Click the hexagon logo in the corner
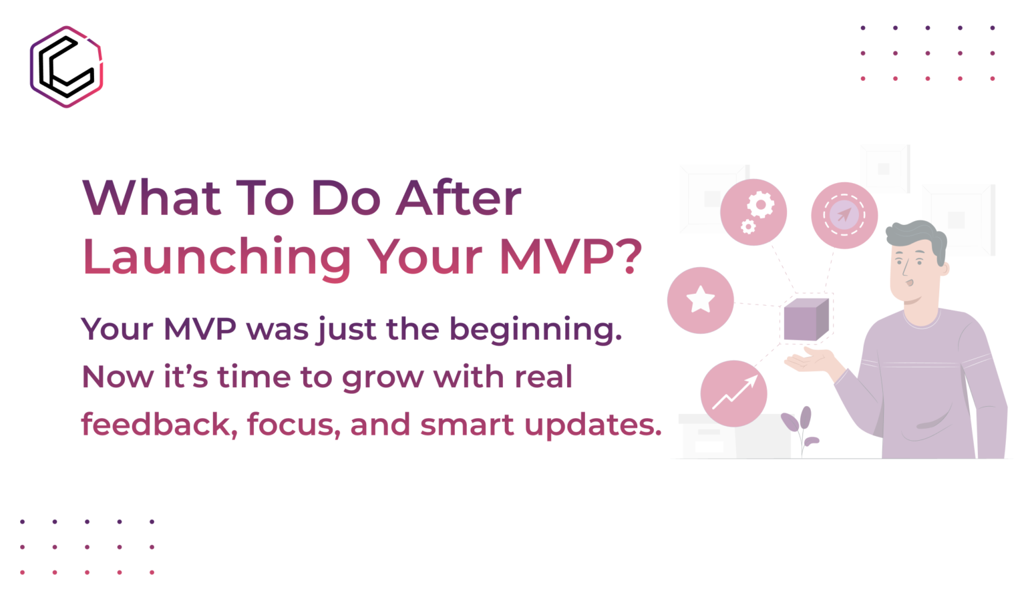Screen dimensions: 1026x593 [66, 67]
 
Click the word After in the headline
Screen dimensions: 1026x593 [458, 198]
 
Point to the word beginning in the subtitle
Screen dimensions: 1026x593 [536, 330]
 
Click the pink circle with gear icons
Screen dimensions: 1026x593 [753, 212]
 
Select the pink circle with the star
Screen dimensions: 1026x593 [700, 301]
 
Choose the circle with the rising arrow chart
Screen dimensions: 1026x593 [734, 393]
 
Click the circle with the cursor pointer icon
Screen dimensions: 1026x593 [844, 215]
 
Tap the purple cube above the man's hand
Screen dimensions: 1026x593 [806, 319]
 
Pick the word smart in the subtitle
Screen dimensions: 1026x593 [467, 425]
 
